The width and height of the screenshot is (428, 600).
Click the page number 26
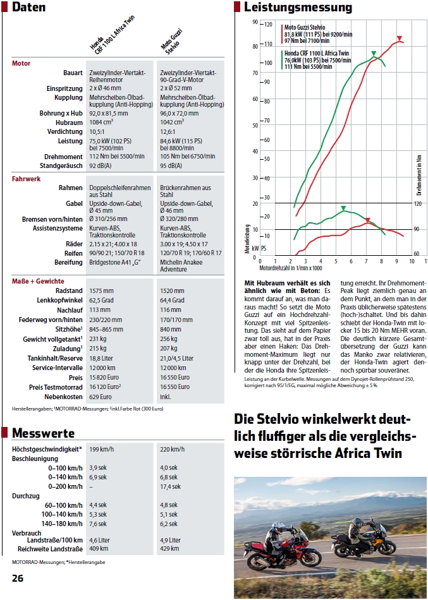[18, 578]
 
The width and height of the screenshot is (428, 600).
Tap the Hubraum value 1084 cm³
[101, 123]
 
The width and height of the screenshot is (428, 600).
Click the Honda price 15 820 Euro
[104, 377]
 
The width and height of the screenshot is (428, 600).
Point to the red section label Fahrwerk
[26, 179]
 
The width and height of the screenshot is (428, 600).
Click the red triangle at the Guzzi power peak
[400, 39]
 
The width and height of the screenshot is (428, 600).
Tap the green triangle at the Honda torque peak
[343, 208]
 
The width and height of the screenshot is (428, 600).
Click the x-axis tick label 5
[336, 261]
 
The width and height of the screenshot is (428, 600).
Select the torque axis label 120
[417, 204]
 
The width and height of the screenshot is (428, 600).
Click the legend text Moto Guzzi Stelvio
[305, 28]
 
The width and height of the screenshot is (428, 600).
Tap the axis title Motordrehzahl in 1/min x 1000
[291, 268]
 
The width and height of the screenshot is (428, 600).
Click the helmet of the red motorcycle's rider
[279, 527]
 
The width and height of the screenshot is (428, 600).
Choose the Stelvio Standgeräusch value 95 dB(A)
[171, 166]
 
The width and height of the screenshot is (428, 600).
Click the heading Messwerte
[43, 433]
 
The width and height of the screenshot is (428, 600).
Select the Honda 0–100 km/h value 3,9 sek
[98, 467]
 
